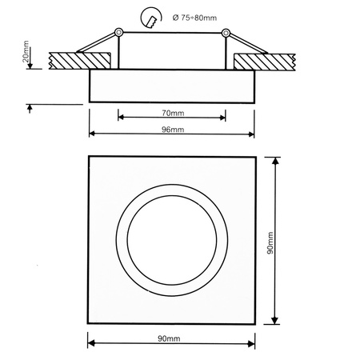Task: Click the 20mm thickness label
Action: pyautogui.click(x=26, y=54)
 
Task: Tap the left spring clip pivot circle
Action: pyautogui.click(x=118, y=31)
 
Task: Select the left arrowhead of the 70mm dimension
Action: pyautogui.click(x=121, y=117)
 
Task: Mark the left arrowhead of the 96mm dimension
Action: pyautogui.click(x=92, y=134)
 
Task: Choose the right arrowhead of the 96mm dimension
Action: pyautogui.click(x=251, y=134)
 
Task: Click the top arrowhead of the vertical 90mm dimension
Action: pyautogui.click(x=277, y=160)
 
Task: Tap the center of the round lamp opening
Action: pyautogui.click(x=172, y=241)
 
